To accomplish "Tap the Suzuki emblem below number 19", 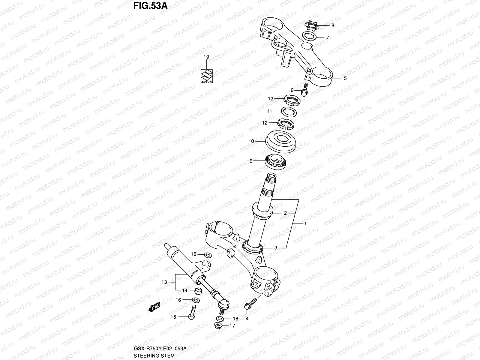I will (x=206, y=76).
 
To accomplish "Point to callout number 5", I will (x=345, y=78).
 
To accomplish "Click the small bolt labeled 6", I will (x=305, y=90).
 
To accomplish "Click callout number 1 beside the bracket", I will (x=305, y=223).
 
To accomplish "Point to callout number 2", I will (x=285, y=213).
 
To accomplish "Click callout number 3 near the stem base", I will (x=276, y=248).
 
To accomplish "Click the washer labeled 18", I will (x=220, y=318).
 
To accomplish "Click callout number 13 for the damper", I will (x=164, y=282).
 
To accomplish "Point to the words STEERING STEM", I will (x=154, y=355).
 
